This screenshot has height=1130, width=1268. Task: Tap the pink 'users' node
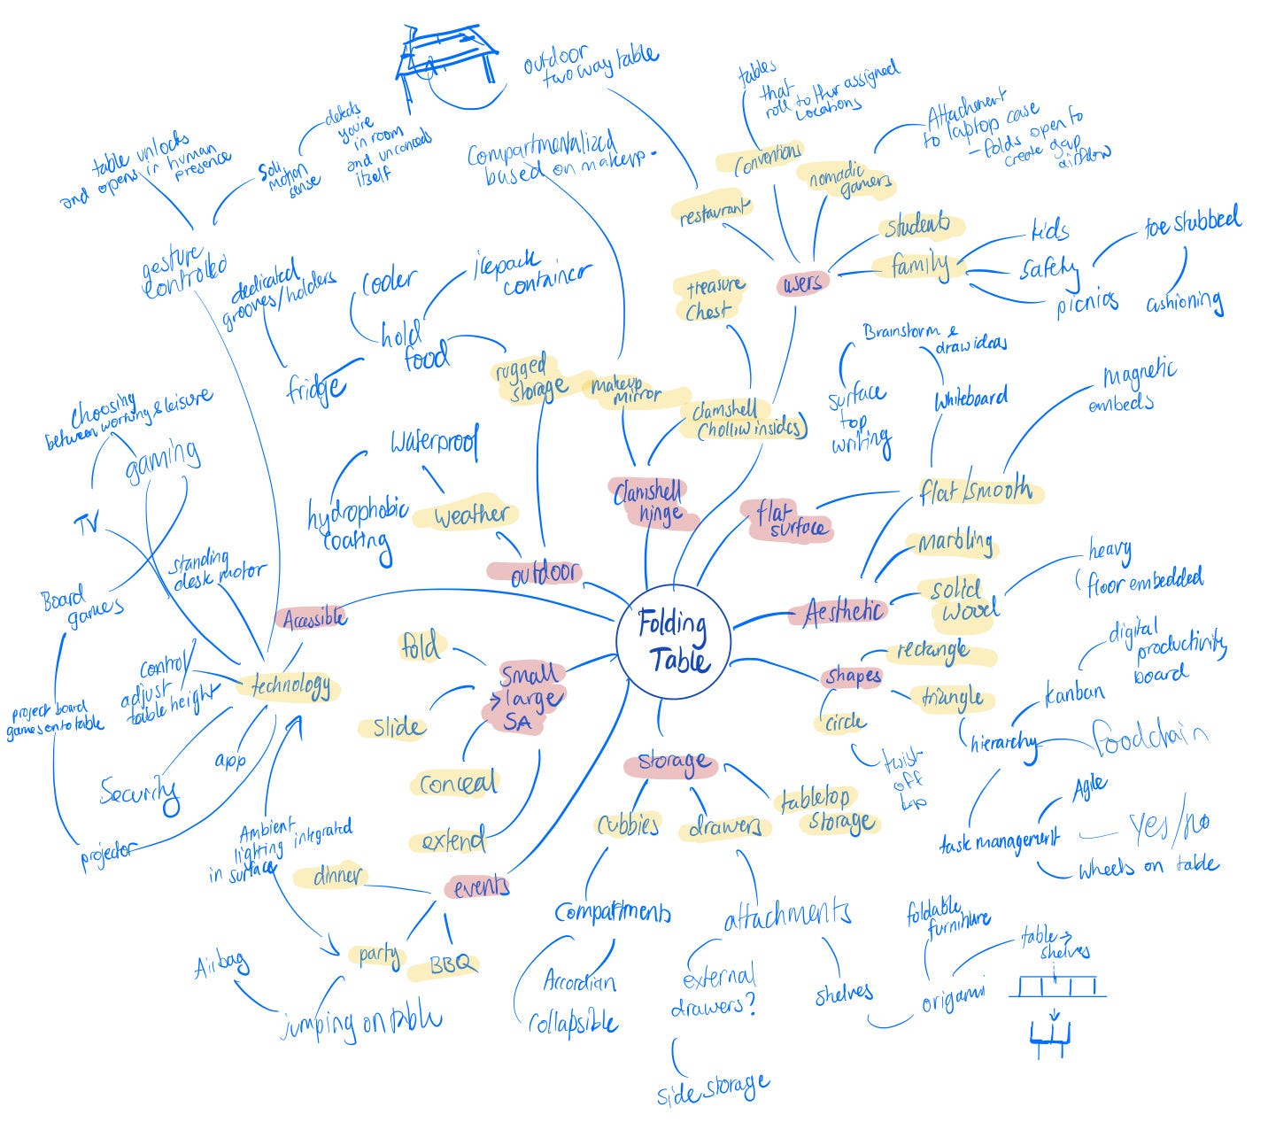click(802, 282)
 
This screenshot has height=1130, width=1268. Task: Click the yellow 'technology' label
click(290, 685)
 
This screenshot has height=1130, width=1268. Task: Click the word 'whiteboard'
click(970, 399)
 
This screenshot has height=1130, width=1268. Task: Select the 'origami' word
click(952, 1002)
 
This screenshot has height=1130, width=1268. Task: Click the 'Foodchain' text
click(1149, 737)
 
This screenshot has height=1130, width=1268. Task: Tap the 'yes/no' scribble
click(1169, 826)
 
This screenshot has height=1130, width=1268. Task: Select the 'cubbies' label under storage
click(627, 824)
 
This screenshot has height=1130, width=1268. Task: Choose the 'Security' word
click(139, 791)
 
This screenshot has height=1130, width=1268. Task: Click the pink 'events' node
click(481, 886)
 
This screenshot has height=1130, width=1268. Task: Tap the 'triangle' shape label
click(952, 698)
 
